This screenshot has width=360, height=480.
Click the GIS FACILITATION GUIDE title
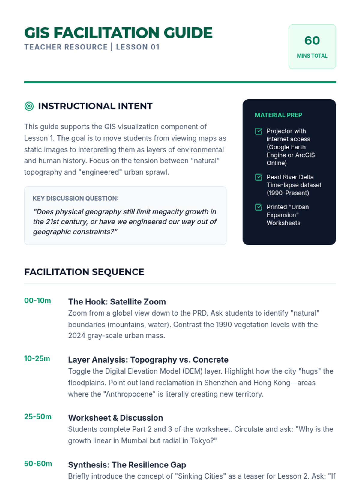118,33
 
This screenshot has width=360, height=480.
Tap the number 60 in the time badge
312,40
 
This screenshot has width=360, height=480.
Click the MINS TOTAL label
312,56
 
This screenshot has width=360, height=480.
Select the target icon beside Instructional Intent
29,106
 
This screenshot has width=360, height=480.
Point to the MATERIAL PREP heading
278,115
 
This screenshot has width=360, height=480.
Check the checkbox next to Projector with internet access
259,131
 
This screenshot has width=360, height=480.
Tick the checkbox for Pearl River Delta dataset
259,177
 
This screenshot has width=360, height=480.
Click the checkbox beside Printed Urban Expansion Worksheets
259,207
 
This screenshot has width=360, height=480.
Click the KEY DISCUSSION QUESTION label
76,198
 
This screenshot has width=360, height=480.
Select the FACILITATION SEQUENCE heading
84,272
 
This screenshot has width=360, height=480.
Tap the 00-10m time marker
37,301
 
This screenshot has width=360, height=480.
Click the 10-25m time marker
37,358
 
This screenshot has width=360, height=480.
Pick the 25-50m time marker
38,417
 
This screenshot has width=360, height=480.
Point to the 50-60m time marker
38,463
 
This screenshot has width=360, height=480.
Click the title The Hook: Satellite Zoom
117,302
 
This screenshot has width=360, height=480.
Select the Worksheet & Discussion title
115,418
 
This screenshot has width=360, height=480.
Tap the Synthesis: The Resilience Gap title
127,465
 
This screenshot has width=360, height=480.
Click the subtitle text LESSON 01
138,47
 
